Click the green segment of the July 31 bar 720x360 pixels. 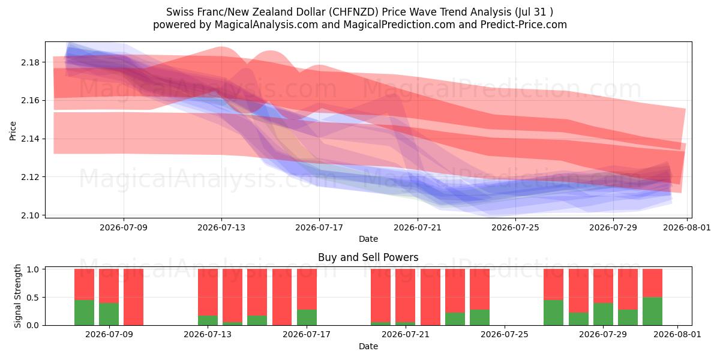[x=653, y=311]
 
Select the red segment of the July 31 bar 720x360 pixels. [x=653, y=283]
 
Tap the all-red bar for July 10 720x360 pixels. [x=133, y=297]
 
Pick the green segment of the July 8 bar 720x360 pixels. [x=84, y=313]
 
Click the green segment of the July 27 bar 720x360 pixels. [x=553, y=313]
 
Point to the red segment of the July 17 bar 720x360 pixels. [x=307, y=289]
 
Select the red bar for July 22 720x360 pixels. [x=430, y=297]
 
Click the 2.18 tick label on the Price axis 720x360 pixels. [x=30, y=62]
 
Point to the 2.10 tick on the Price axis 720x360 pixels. [x=30, y=215]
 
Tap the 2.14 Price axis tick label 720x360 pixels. [x=30, y=139]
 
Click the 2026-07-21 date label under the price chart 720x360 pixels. [x=418, y=227]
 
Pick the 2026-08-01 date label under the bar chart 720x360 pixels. [x=677, y=334]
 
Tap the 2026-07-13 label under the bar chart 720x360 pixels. [x=208, y=334]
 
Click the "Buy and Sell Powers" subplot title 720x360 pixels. [x=368, y=257]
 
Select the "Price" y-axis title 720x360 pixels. [x=13, y=131]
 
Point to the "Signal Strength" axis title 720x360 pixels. [x=17, y=296]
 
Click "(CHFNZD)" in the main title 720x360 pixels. [x=353, y=12]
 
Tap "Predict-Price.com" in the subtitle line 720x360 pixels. [x=524, y=25]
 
